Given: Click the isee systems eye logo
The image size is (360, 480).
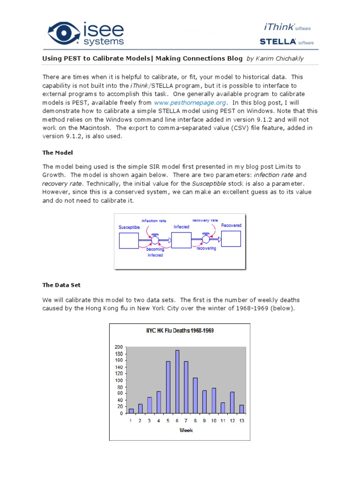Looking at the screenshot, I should click(x=64, y=33).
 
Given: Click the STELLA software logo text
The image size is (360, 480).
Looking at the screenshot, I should click(x=286, y=42).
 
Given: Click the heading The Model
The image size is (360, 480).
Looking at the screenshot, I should click(x=58, y=153).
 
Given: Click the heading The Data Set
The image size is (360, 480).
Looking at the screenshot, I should click(x=61, y=285).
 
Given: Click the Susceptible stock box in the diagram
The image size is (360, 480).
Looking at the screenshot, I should click(x=128, y=240).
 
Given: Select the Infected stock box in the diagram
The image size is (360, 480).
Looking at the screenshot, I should click(x=181, y=240).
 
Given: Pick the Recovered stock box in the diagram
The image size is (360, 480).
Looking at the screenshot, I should click(x=231, y=238).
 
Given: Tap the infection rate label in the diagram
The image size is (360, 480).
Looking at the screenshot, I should click(x=154, y=220).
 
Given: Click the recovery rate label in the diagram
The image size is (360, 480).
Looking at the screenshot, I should click(x=205, y=220).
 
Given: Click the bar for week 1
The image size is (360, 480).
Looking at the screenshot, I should click(x=131, y=411).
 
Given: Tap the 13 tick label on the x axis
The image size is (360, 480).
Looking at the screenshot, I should click(x=241, y=421).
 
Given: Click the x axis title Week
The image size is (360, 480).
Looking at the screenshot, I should click(x=186, y=431).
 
